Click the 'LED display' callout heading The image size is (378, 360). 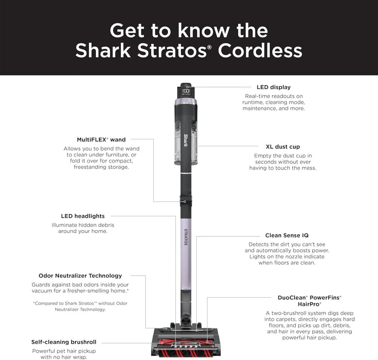[273, 87]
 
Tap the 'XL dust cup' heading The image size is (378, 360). [283, 147]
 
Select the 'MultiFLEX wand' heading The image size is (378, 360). [101, 140]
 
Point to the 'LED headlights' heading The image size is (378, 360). [83, 216]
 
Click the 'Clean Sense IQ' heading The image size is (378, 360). [287, 235]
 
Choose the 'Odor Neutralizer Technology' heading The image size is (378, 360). [80, 276]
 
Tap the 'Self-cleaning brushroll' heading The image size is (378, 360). [64, 342]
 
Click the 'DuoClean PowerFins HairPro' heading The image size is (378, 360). [310, 301]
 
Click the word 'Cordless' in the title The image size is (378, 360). [260, 50]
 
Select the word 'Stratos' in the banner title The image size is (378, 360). [172, 50]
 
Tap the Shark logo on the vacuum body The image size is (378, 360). [186, 140]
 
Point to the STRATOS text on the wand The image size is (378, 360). [186, 237]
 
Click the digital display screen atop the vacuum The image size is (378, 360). [186, 91]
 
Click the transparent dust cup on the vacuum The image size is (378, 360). [186, 143]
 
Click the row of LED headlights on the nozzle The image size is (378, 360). [186, 346]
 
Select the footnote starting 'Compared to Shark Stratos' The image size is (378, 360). [80, 306]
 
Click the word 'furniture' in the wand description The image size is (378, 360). [117, 155]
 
